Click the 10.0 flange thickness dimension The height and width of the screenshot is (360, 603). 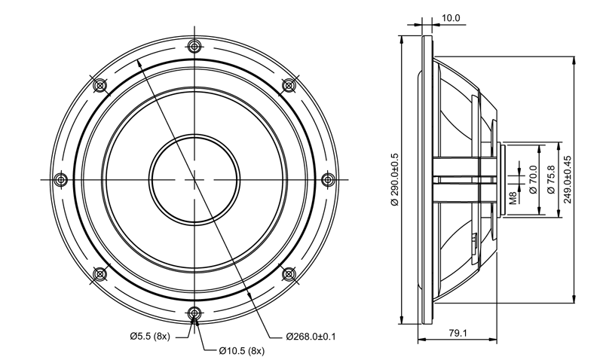click(x=450, y=18)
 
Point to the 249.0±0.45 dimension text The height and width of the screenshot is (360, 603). click(x=568, y=179)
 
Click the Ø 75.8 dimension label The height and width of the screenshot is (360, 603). click(x=551, y=179)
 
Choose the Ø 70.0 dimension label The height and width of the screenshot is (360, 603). click(x=533, y=179)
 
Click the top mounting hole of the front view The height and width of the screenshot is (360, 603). click(x=194, y=47)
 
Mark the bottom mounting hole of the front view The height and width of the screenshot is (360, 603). click(x=194, y=312)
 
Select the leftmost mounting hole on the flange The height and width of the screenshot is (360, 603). click(x=61, y=179)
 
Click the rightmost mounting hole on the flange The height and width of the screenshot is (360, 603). click(x=328, y=179)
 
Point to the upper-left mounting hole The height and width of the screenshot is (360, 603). click(x=100, y=85)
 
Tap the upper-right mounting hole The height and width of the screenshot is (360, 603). click(x=289, y=85)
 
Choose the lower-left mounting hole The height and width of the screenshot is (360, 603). click(x=100, y=274)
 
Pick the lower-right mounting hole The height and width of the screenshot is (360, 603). click(x=289, y=274)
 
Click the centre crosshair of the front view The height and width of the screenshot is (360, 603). click(x=194, y=179)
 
